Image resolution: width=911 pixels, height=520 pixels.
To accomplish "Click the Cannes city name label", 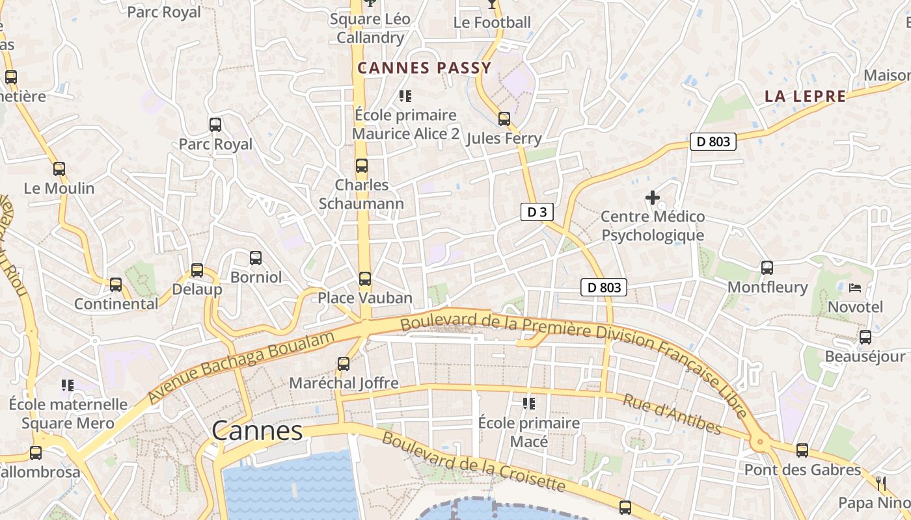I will pyautogui.click(x=257, y=430).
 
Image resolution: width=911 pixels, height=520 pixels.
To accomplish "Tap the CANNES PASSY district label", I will pyautogui.click(x=424, y=68).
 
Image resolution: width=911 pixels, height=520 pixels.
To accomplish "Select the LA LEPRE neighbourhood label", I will pyautogui.click(x=805, y=96).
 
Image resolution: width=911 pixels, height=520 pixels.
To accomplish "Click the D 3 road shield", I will pyautogui.click(x=537, y=212).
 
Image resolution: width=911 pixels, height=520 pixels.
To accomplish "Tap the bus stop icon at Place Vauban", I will pyautogui.click(x=365, y=279).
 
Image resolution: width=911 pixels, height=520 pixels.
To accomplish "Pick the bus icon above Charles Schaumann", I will pyautogui.click(x=362, y=166).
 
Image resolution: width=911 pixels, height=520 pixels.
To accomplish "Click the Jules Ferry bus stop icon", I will pyautogui.click(x=504, y=119).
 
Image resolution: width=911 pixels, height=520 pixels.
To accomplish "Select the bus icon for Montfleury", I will pyautogui.click(x=767, y=268).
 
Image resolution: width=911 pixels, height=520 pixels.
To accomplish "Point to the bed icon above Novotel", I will pyautogui.click(x=856, y=287).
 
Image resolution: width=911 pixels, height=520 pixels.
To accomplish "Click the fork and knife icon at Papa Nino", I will pyautogui.click(x=882, y=483).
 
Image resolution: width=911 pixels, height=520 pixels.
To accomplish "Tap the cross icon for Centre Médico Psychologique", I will pyautogui.click(x=652, y=198).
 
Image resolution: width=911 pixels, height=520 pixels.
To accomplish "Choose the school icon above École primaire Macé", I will pyautogui.click(x=529, y=404).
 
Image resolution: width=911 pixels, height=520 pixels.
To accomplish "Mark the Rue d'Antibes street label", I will pyautogui.click(x=672, y=414).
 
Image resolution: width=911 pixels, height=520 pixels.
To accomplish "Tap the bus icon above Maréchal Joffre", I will pyautogui.click(x=344, y=364).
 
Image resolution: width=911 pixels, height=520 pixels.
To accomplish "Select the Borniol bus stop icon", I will pyautogui.click(x=256, y=258).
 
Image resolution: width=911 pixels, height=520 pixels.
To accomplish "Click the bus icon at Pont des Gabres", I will pyautogui.click(x=802, y=450).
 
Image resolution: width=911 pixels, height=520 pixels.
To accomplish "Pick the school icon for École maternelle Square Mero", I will pyautogui.click(x=67, y=385).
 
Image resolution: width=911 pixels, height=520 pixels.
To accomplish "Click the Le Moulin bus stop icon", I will pyautogui.click(x=59, y=169).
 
